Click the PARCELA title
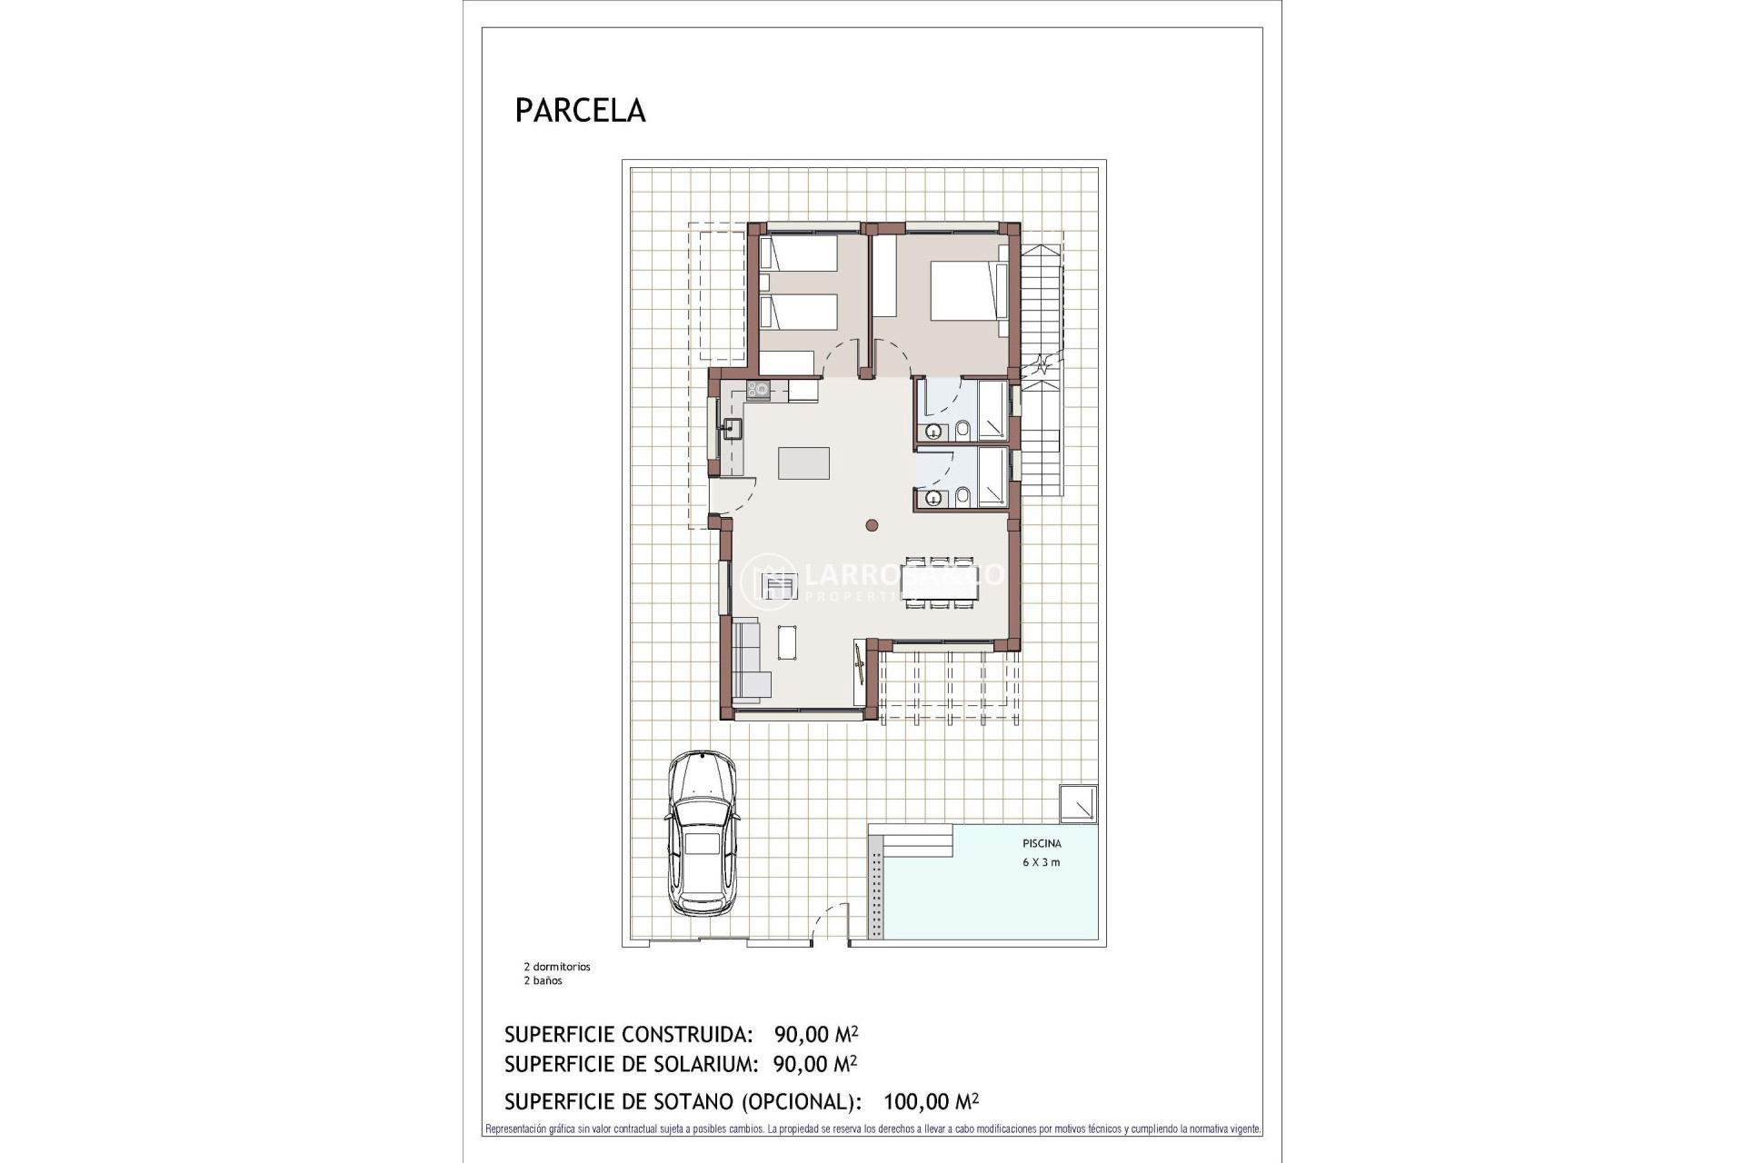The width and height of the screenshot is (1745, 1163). click(x=580, y=110)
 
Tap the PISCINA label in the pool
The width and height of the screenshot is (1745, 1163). click(x=1042, y=843)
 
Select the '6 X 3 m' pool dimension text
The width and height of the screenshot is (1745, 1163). click(x=1042, y=862)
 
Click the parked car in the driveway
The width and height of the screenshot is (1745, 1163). click(x=701, y=832)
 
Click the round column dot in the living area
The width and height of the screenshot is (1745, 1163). click(x=872, y=524)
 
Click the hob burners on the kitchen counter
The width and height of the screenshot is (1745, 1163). click(x=758, y=391)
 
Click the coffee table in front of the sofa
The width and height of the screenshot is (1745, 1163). click(x=787, y=642)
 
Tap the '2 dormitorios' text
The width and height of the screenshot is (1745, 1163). click(x=556, y=967)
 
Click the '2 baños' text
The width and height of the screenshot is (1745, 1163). click(x=543, y=980)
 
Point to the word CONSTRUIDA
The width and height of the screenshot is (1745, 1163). click(x=687, y=1034)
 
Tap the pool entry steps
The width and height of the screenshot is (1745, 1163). click(x=918, y=840)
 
